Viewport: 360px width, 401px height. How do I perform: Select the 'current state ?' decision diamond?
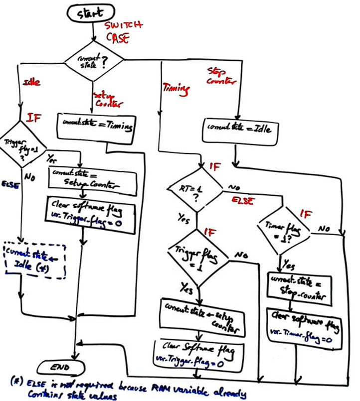tap(93, 61)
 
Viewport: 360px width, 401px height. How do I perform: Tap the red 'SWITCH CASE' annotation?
tap(124, 31)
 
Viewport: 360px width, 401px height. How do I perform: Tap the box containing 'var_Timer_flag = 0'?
tap(305, 326)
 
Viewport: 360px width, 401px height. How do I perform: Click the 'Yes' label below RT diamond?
tap(184, 218)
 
